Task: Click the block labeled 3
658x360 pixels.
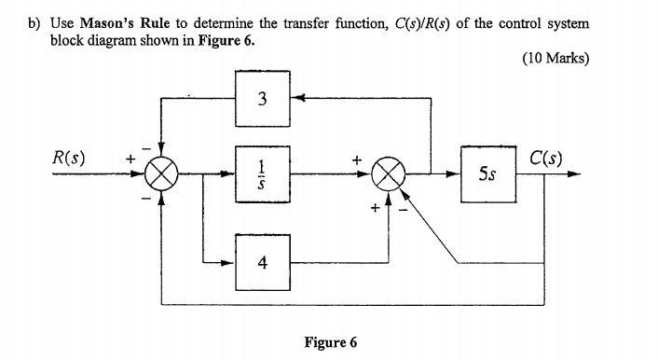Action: (265, 98)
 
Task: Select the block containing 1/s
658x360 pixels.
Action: (265, 173)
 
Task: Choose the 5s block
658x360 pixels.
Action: (488, 173)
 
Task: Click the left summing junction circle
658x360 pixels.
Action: (163, 174)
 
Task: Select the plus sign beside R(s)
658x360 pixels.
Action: (130, 159)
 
